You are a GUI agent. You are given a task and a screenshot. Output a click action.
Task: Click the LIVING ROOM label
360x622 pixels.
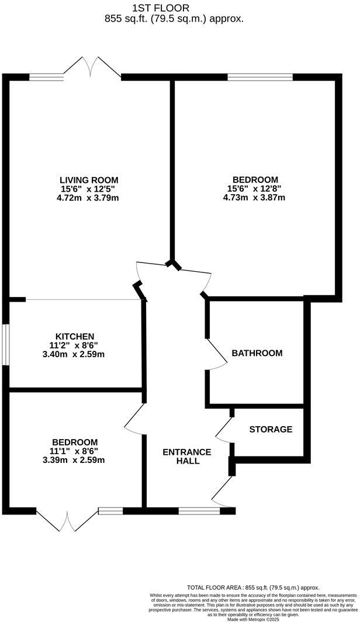click(89, 179)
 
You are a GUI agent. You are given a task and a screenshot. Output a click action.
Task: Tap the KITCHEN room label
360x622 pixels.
click(75, 336)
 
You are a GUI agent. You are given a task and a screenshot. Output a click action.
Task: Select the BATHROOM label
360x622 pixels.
click(257, 353)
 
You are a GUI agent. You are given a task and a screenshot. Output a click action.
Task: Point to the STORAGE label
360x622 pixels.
click(271, 429)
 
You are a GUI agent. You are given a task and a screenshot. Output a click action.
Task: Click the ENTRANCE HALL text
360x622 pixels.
click(186, 457)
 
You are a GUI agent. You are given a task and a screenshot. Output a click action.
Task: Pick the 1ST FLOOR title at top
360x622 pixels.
click(161, 8)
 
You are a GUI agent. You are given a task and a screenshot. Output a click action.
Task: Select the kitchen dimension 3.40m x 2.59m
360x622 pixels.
click(75, 354)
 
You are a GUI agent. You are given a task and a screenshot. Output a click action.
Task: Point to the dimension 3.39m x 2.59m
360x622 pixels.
click(74, 459)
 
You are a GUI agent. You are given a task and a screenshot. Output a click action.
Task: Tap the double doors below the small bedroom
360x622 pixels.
click(69, 520)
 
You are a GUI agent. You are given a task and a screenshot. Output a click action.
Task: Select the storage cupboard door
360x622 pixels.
click(224, 430)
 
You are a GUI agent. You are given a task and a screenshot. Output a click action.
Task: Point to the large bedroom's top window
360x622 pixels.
click(259, 77)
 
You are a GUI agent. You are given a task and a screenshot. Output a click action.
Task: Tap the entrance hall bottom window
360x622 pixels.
click(199, 511)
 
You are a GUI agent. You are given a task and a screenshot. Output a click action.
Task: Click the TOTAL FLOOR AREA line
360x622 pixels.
click(253, 588)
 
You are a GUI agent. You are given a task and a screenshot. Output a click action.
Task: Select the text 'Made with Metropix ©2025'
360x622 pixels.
click(253, 618)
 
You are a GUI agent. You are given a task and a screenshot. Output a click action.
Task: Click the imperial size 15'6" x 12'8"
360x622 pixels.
click(255, 188)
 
